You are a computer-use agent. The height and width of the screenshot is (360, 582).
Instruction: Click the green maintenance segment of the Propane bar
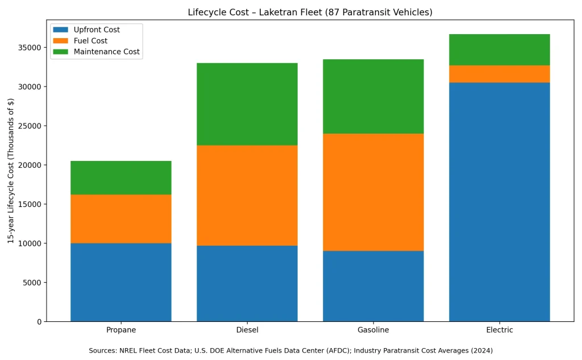click(120, 177)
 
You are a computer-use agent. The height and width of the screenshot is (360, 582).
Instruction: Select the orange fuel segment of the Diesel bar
click(247, 195)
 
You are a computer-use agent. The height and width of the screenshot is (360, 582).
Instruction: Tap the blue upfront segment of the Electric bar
click(499, 202)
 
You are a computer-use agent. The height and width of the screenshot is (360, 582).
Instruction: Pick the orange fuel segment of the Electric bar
click(499, 74)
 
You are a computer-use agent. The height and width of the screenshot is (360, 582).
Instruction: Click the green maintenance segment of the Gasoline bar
click(373, 96)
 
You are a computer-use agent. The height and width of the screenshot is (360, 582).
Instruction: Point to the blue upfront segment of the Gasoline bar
click(373, 286)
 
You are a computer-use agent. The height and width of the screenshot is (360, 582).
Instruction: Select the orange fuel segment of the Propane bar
click(120, 219)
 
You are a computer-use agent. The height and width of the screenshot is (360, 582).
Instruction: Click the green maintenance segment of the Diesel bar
click(247, 104)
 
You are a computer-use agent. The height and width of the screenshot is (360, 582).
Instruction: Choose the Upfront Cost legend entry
click(97, 30)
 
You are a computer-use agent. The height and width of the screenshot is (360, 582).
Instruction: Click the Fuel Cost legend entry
click(90, 41)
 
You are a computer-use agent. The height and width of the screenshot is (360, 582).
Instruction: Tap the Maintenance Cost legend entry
click(106, 52)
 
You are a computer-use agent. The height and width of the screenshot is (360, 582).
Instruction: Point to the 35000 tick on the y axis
click(30, 48)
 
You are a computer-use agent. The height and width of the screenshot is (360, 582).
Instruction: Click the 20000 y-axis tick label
click(30, 165)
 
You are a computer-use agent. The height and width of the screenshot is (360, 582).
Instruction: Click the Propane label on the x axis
click(120, 330)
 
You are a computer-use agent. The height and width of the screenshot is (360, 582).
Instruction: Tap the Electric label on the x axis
click(499, 330)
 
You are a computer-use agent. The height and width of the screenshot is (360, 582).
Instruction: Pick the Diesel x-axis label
click(247, 330)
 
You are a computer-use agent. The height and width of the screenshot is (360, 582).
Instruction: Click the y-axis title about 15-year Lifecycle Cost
click(11, 171)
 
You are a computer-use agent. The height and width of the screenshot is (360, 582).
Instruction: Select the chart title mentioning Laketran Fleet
click(310, 13)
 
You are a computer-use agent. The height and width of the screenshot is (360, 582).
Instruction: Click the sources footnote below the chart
click(290, 350)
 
